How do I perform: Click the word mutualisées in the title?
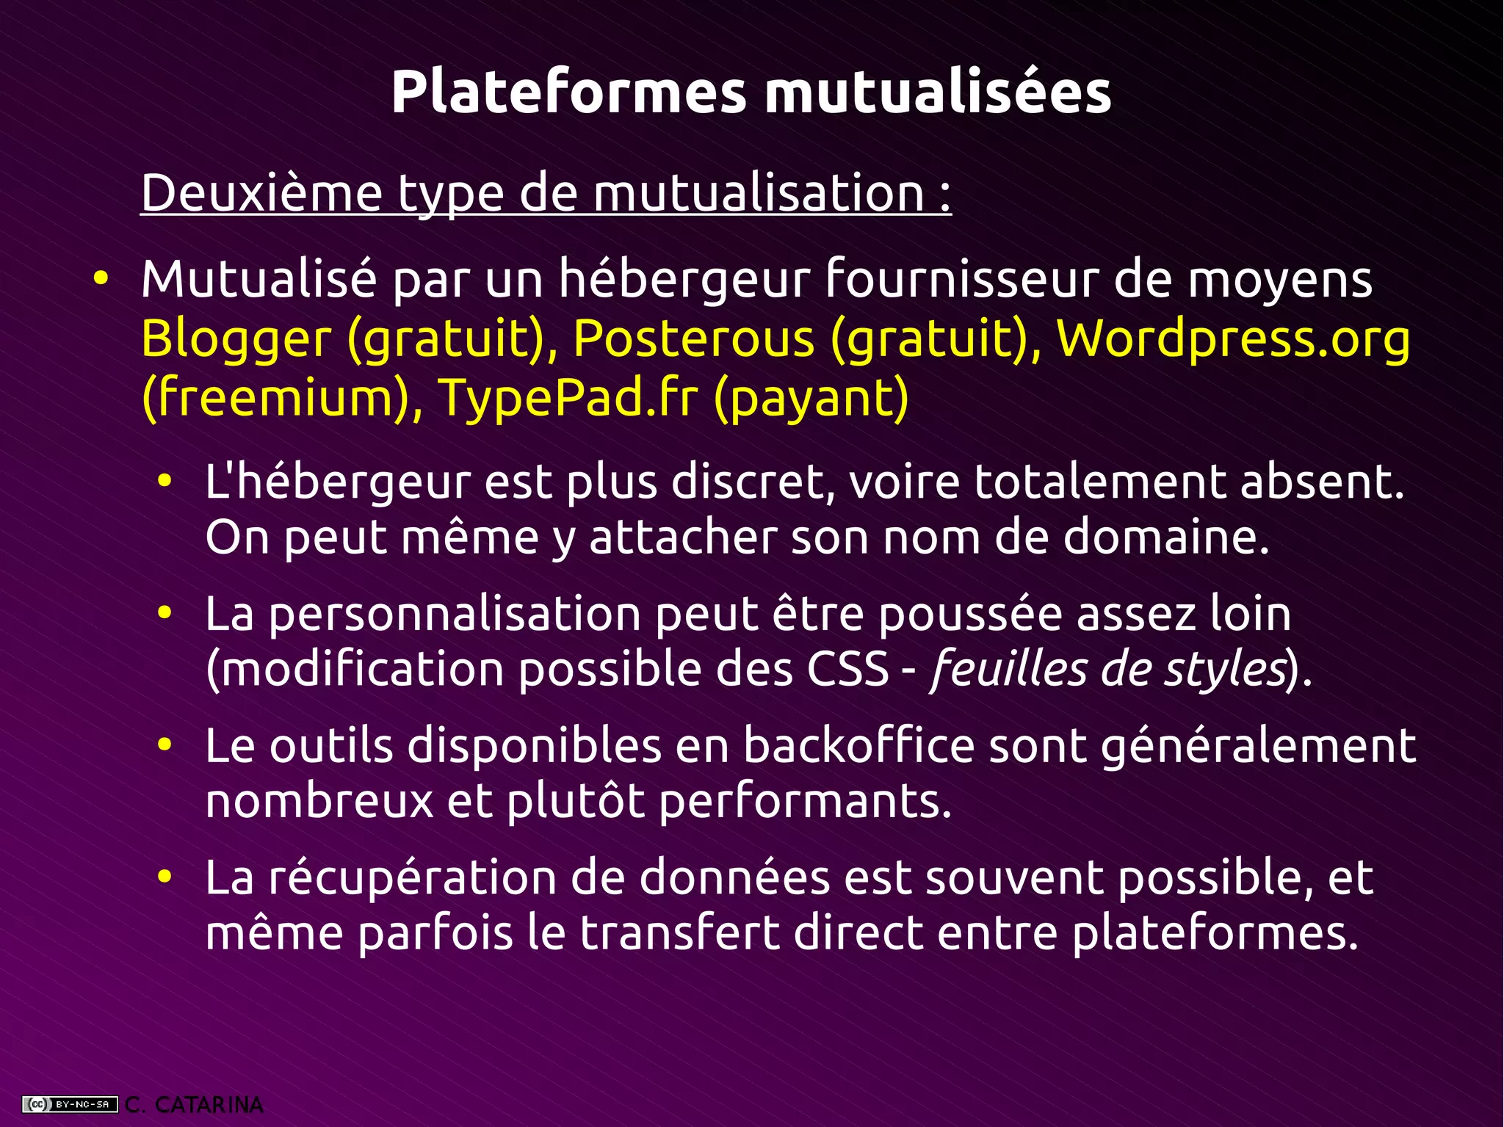[938, 93]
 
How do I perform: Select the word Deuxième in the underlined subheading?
[261, 193]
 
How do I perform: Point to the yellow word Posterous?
[693, 339]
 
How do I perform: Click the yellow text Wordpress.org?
[1233, 339]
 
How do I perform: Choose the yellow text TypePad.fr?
[567, 397]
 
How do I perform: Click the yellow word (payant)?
[811, 397]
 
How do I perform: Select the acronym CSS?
[847, 669]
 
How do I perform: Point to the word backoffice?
[858, 746]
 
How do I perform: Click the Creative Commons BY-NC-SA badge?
[70, 1104]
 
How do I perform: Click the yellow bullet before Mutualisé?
[101, 280]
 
